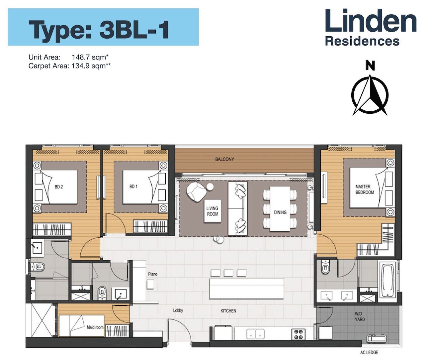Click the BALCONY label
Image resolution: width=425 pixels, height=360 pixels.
click(x=224, y=159)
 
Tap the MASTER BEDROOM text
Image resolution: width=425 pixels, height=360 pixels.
click(x=365, y=189)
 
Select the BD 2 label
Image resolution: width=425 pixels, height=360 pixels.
click(x=59, y=187)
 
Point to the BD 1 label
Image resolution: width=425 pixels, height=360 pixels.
click(x=133, y=186)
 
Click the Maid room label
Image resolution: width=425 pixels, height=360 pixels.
click(x=95, y=327)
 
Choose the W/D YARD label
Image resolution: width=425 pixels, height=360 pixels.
click(x=360, y=316)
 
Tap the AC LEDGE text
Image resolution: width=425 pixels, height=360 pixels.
click(x=369, y=353)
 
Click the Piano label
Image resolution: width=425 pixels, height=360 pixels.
click(x=153, y=274)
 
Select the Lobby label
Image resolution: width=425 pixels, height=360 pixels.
click(x=178, y=310)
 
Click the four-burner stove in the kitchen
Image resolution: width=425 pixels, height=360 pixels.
click(x=298, y=334)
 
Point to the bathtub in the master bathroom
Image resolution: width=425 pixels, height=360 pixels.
click(x=387, y=280)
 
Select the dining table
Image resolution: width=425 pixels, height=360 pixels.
click(x=280, y=209)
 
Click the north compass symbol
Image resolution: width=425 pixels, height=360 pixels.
click(x=370, y=95)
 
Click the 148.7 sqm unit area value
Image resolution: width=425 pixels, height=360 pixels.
click(x=90, y=57)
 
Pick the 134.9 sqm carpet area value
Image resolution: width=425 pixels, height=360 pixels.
click(x=91, y=66)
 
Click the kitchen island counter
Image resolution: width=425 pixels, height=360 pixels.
click(x=246, y=289)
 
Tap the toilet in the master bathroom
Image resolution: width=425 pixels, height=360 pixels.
click(x=325, y=267)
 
